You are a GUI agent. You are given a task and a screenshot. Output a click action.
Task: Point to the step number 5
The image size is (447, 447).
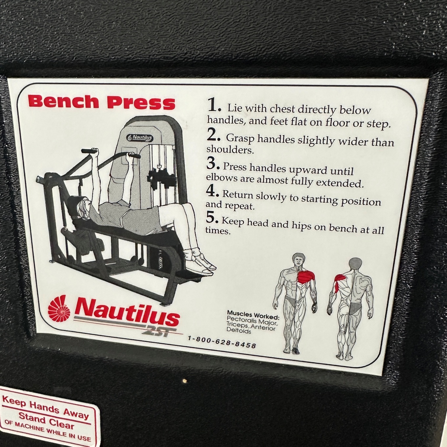[x=212, y=217]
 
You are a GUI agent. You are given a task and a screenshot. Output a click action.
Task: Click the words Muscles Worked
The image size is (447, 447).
[x=253, y=315]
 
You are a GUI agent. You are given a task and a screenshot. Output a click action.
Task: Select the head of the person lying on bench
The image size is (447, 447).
[x=83, y=206]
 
